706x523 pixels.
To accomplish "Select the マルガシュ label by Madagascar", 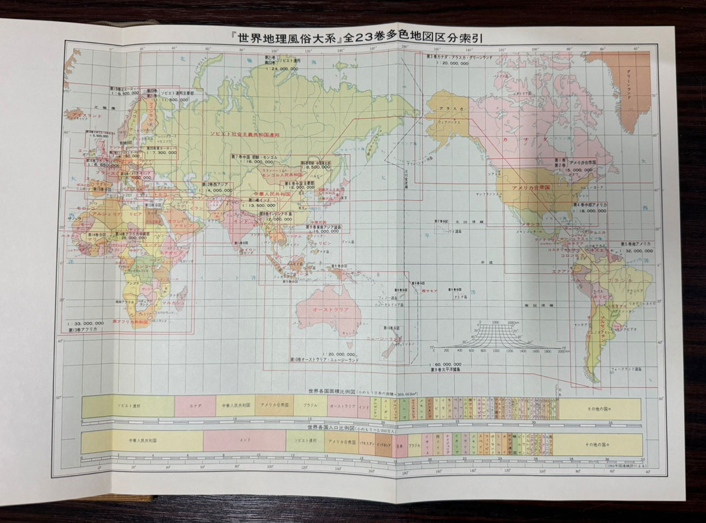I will pos(173,303).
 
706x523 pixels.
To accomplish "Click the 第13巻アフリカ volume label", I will pos(83,329).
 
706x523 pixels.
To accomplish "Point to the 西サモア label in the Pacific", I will pos(429,290).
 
